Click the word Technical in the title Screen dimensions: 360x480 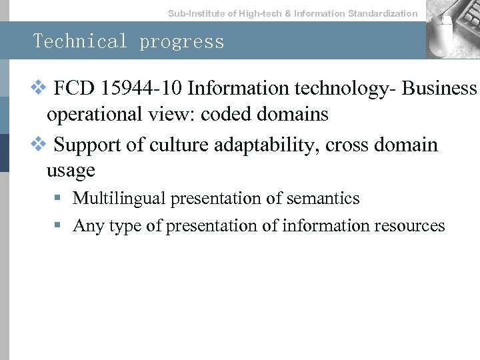80,41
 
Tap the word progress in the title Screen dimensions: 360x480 182,41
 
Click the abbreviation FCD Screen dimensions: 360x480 70,89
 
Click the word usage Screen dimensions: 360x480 71,171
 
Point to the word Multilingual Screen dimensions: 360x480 119,199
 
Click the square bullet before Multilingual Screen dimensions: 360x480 59,199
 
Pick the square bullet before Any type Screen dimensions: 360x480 59,226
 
